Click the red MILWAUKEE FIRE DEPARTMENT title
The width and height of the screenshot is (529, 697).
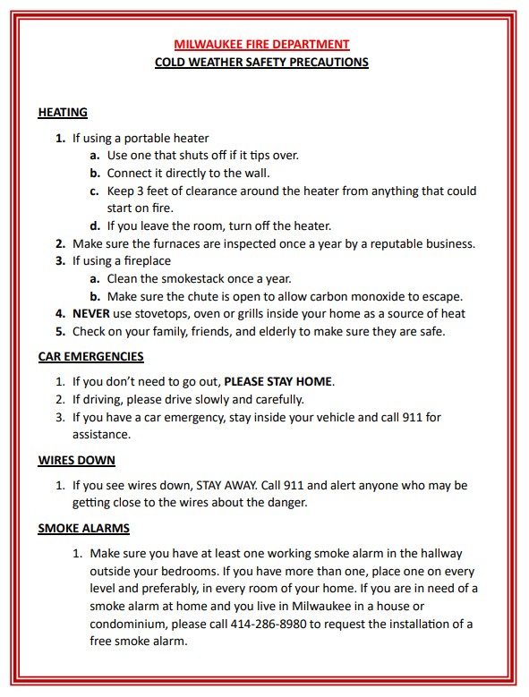pyautogui.click(x=261, y=44)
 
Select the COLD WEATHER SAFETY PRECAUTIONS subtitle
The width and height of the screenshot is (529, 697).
pyautogui.click(x=261, y=63)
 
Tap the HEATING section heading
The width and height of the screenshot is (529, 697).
pyautogui.click(x=63, y=113)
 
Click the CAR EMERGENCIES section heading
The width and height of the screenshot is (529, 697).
pyautogui.click(x=90, y=356)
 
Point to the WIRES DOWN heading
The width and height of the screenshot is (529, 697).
pyautogui.click(x=76, y=460)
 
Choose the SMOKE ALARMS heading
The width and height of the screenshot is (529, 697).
pyautogui.click(x=83, y=528)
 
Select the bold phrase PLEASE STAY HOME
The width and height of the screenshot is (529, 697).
pyautogui.click(x=277, y=381)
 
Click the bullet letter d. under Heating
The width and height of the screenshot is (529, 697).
pyautogui.click(x=94, y=225)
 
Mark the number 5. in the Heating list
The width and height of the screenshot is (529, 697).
pyautogui.click(x=60, y=331)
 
